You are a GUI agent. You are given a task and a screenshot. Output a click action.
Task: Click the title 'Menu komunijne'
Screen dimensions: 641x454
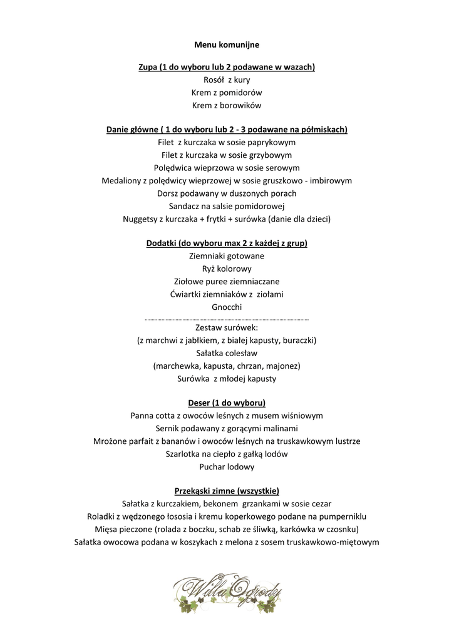pyautogui.click(x=227, y=45)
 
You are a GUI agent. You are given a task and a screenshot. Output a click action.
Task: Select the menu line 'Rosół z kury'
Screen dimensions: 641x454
pyautogui.click(x=227, y=79)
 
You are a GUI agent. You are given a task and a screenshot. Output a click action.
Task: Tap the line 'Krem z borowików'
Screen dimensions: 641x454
pyautogui.click(x=227, y=105)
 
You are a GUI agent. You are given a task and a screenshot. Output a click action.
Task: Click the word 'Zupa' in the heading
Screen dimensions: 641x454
pyautogui.click(x=148, y=67)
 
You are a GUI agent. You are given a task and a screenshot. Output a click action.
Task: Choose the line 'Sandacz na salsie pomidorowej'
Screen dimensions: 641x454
pyautogui.click(x=227, y=206)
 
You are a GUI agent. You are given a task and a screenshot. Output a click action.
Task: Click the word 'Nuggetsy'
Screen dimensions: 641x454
pyautogui.click(x=140, y=219)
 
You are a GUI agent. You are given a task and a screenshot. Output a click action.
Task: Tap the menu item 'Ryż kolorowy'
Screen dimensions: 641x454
pyautogui.click(x=227, y=269)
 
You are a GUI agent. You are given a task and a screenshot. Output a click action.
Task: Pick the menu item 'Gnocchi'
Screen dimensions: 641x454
pyautogui.click(x=227, y=307)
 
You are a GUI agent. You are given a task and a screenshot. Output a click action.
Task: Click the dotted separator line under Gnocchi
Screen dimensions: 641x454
pyautogui.click(x=227, y=319)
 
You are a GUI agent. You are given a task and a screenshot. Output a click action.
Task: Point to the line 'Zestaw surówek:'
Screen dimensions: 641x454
pyautogui.click(x=227, y=327)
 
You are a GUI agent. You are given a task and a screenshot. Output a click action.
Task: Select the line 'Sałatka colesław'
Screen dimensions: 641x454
pyautogui.click(x=227, y=353)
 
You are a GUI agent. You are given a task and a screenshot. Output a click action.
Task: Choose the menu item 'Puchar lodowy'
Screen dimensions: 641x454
pyautogui.click(x=227, y=466)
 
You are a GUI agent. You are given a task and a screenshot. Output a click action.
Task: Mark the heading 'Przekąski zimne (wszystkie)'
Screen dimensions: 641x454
pyautogui.click(x=227, y=491)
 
